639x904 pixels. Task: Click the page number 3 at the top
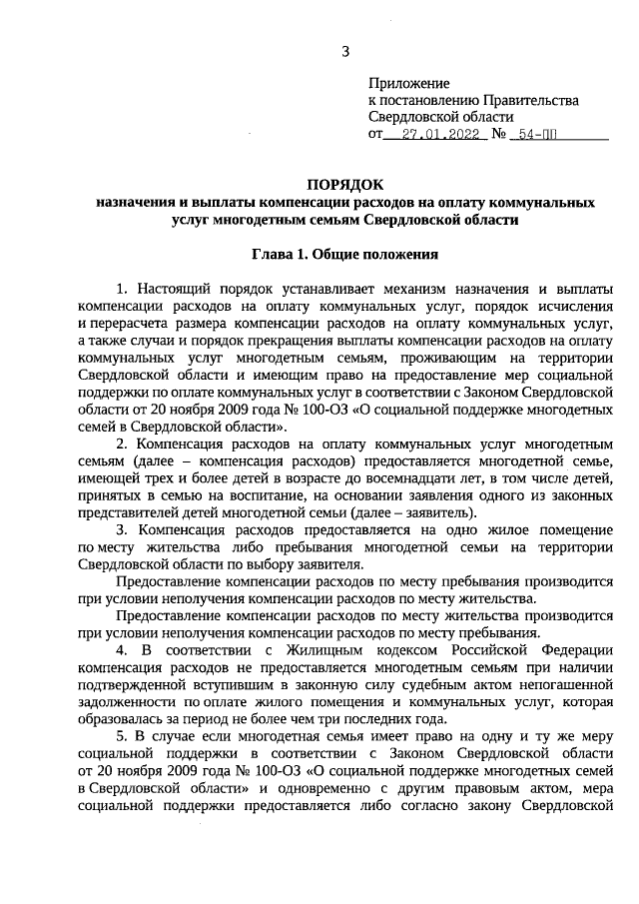(345, 51)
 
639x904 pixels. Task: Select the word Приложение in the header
(409, 83)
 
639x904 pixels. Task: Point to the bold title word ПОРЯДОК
(344, 185)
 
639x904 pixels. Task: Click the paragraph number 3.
(122, 526)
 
